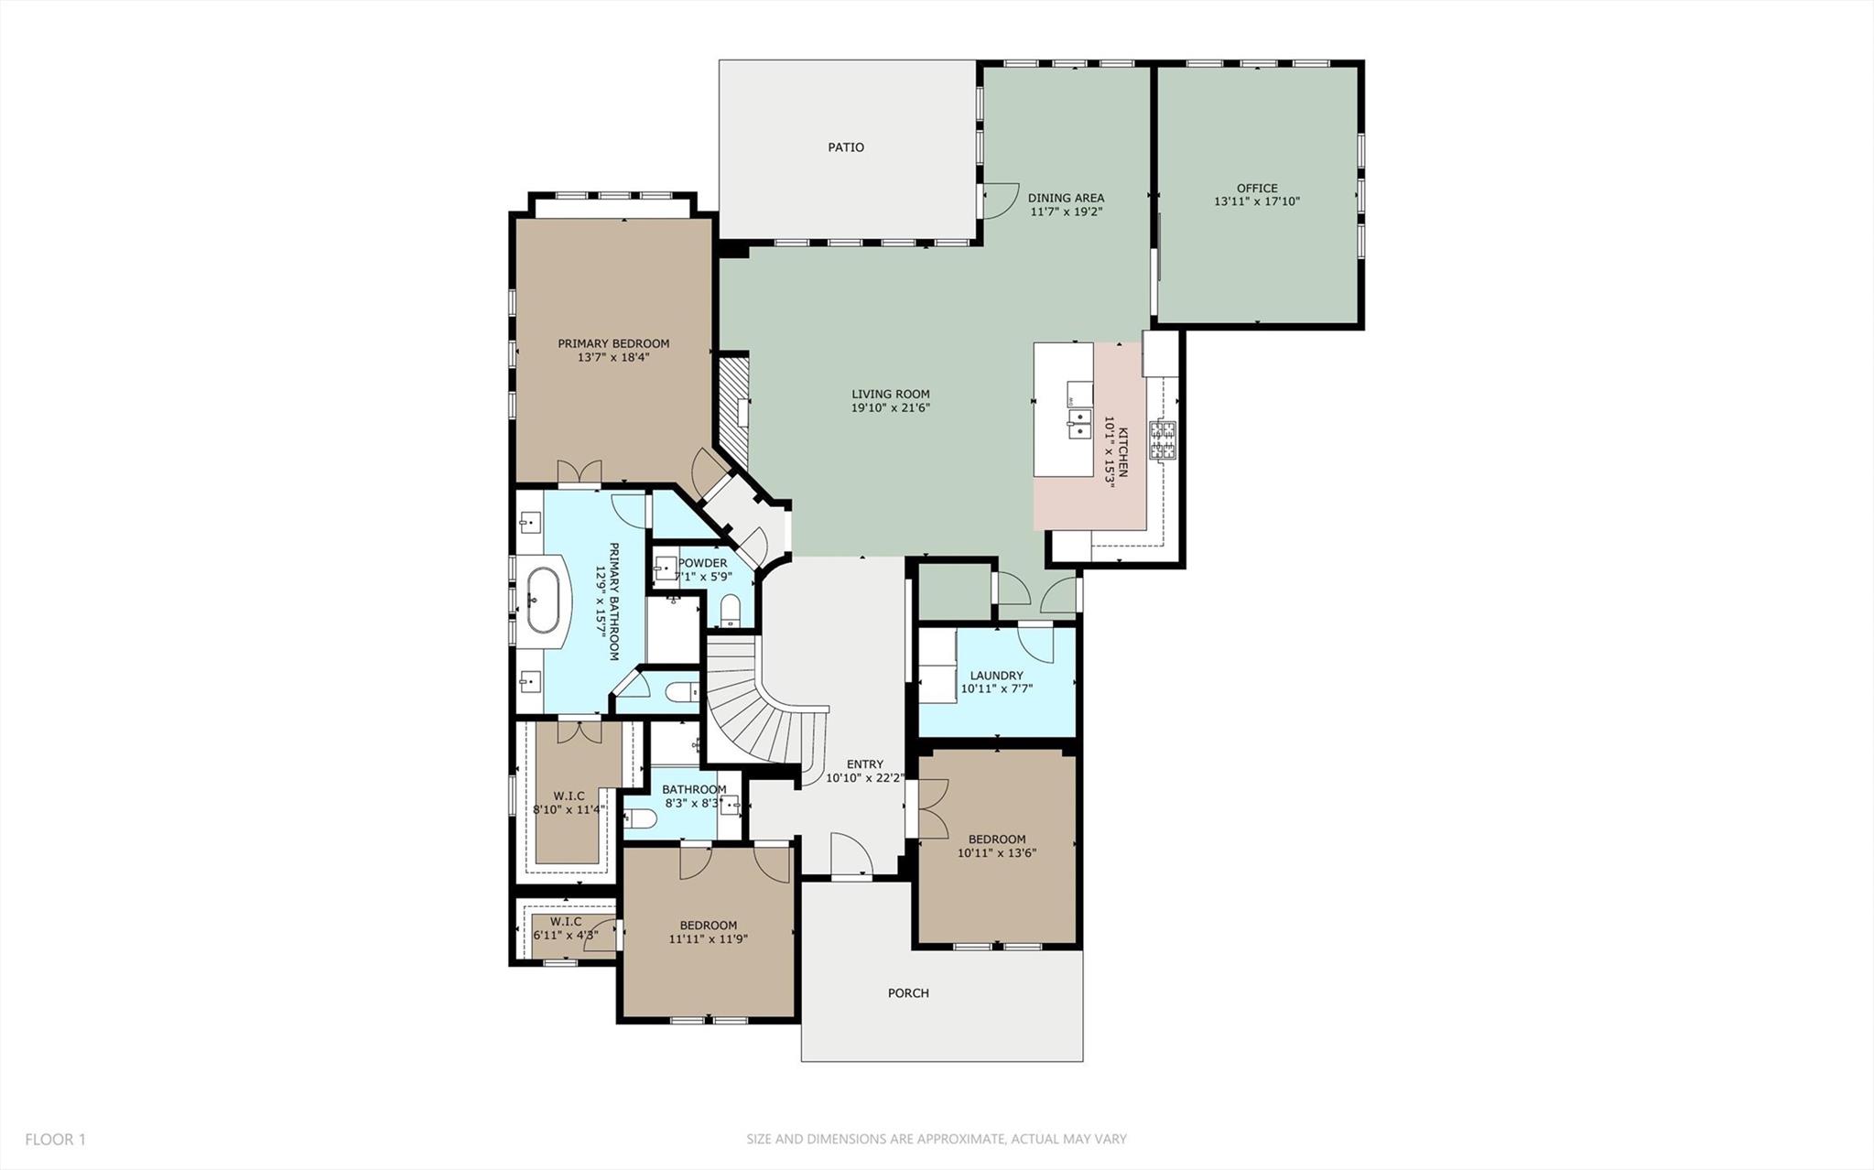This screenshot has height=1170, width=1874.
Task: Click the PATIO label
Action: click(x=845, y=146)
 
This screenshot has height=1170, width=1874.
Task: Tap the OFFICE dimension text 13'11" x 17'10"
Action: click(x=1257, y=201)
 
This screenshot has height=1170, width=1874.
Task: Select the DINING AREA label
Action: click(x=1066, y=198)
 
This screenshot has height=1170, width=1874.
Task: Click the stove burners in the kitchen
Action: click(x=1164, y=440)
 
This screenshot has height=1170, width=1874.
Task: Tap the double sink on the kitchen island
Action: click(x=1078, y=423)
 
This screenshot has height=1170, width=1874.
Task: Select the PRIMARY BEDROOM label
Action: click(x=613, y=343)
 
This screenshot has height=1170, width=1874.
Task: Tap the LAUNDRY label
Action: click(x=996, y=676)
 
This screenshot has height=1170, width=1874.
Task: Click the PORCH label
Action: click(x=908, y=993)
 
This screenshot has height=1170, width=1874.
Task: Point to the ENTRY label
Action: click(x=864, y=764)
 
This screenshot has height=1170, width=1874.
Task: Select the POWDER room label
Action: click(x=703, y=563)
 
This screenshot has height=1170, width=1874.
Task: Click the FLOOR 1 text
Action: click(x=55, y=1140)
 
